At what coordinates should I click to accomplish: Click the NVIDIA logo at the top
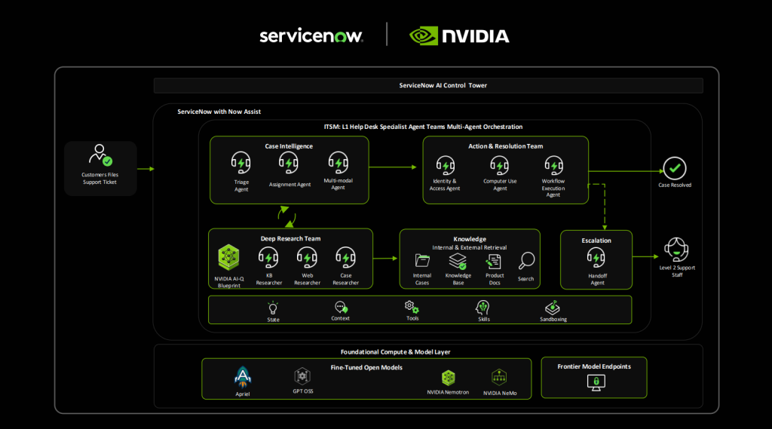click(x=459, y=36)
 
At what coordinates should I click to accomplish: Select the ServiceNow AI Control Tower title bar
click(x=428, y=85)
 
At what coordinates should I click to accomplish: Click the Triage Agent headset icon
click(x=241, y=163)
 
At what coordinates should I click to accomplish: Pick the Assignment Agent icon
click(x=289, y=162)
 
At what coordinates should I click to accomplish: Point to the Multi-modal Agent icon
click(x=338, y=162)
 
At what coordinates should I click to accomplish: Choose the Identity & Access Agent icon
click(x=446, y=165)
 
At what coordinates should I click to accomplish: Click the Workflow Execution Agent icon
click(x=553, y=165)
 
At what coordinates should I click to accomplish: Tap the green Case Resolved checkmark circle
click(x=674, y=168)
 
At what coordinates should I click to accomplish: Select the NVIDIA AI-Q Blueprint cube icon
click(x=228, y=258)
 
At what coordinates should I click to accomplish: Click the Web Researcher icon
click(x=307, y=258)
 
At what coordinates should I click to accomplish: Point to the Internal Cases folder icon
click(x=422, y=261)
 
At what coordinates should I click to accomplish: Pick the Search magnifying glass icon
click(x=526, y=261)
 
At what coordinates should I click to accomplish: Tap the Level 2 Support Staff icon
click(x=675, y=249)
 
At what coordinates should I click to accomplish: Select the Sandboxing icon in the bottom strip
click(x=552, y=308)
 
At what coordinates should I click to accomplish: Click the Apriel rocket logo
click(x=243, y=375)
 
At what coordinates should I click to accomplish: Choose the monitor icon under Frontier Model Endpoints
click(x=594, y=383)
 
